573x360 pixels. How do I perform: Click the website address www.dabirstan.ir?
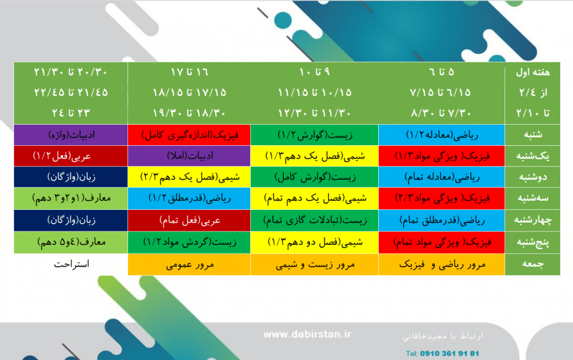click(x=307, y=334)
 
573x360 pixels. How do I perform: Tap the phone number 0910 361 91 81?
click(x=449, y=353)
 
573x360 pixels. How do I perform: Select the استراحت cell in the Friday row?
click(x=71, y=264)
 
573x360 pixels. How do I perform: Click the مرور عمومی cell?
click(x=189, y=264)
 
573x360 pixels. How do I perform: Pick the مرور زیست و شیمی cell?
click(x=315, y=264)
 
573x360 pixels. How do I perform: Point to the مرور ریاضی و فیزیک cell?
click(x=442, y=264)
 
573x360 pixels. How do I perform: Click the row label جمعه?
click(x=532, y=264)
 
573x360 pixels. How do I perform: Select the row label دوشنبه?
click(x=532, y=177)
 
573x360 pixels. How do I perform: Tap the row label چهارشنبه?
click(x=532, y=220)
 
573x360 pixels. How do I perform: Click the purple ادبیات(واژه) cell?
click(x=71, y=135)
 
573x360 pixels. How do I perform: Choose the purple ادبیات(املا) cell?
click(x=189, y=156)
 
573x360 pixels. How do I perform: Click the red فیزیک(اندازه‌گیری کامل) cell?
click(x=189, y=135)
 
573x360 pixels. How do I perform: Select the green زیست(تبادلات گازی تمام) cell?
click(x=315, y=220)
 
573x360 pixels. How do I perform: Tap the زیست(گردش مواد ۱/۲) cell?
click(x=189, y=242)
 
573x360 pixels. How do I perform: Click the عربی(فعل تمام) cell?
click(x=189, y=220)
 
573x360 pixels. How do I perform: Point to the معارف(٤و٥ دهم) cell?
click(x=71, y=242)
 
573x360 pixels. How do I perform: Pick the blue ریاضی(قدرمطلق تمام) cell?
click(x=442, y=220)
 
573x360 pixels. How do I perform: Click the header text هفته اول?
click(x=532, y=72)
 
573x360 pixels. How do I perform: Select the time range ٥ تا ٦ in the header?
click(x=442, y=72)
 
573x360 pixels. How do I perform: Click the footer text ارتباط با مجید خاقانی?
click(x=442, y=336)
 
